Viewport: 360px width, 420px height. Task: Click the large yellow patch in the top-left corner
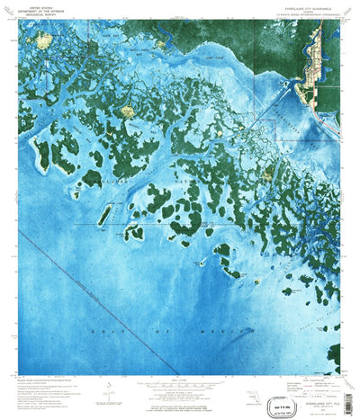click(43, 40)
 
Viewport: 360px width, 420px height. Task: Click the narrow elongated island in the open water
click(104, 213)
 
